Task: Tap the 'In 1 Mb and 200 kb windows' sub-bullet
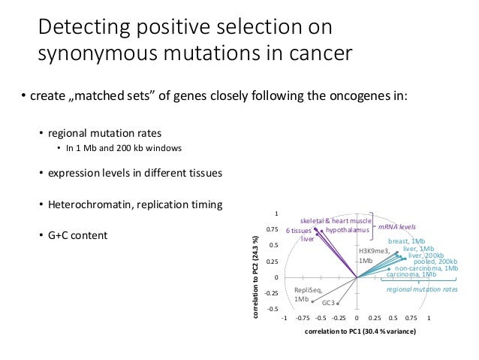click(123, 147)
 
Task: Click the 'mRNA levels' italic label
click(396, 226)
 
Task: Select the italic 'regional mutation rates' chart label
click(421, 289)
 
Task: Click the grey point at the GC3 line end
click(339, 304)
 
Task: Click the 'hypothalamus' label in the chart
click(348, 230)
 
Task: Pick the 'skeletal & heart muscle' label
click(330, 221)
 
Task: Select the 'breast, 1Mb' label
click(406, 241)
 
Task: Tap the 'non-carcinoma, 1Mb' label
click(426, 268)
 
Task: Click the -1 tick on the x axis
click(284, 318)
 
